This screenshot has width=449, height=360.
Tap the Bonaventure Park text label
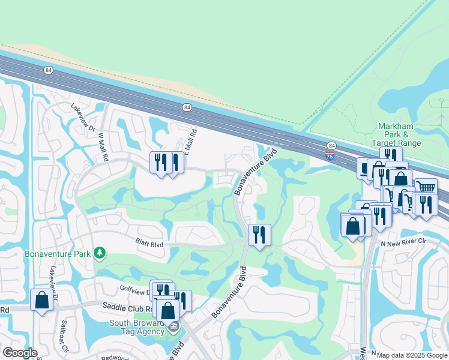[58, 253]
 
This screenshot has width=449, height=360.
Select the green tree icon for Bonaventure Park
[100, 253]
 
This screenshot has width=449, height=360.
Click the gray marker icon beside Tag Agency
[173, 327]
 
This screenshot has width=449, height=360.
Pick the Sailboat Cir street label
[62, 336]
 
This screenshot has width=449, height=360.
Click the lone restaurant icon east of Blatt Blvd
[259, 234]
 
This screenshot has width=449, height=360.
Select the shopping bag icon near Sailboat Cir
[41, 300]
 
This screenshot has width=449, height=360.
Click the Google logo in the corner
[20, 353]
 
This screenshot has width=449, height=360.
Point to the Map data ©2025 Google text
[411, 355]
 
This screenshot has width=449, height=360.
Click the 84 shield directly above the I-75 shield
[331, 146]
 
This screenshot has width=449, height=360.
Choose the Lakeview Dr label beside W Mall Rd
[83, 116]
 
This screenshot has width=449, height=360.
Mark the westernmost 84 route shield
[47, 70]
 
